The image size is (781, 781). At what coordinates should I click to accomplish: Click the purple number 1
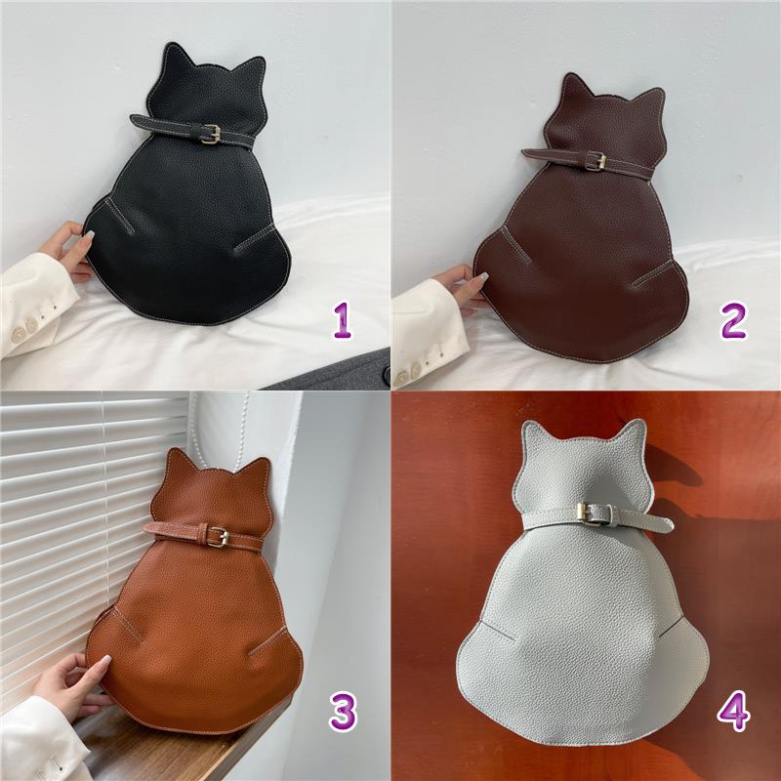click(343, 320)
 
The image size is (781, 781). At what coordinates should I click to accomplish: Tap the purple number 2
click(733, 320)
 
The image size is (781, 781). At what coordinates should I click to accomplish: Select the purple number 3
click(343, 712)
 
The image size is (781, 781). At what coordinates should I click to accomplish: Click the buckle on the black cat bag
click(211, 134)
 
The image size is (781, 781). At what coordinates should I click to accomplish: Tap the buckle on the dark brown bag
click(596, 160)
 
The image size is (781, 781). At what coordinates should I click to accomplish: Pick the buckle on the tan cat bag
click(218, 537)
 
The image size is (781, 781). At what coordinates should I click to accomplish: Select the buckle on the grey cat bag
click(590, 514)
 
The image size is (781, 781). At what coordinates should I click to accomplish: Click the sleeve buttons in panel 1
click(26, 329)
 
